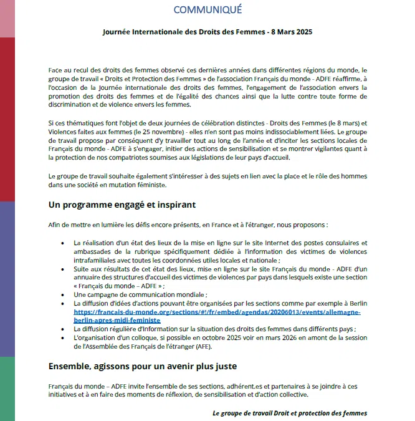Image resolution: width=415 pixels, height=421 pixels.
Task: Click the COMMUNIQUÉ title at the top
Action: pos(207,9)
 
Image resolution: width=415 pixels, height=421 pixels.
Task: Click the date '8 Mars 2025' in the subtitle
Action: pos(288,31)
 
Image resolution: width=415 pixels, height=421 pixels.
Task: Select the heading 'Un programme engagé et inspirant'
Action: pos(122,205)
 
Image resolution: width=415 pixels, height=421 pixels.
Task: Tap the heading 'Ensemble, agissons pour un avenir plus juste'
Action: pos(142,365)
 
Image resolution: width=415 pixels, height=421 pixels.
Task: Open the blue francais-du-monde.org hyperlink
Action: pos(217,316)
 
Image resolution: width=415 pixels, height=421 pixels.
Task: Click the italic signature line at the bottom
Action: pos(290,413)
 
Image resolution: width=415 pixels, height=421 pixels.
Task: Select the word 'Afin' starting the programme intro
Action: pos(55,225)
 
